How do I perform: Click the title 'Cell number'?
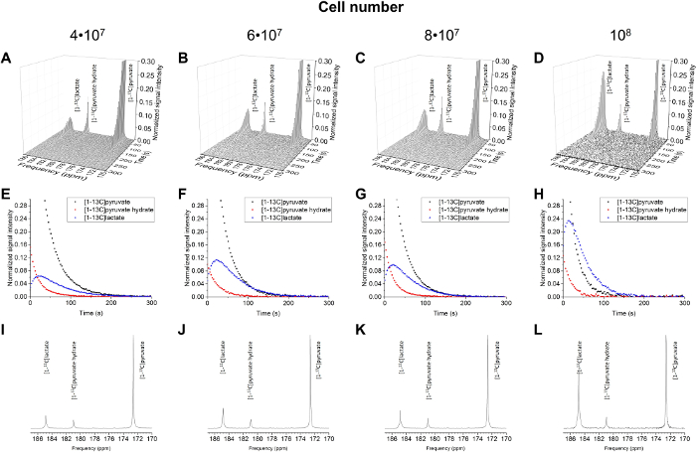[x=347, y=8]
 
